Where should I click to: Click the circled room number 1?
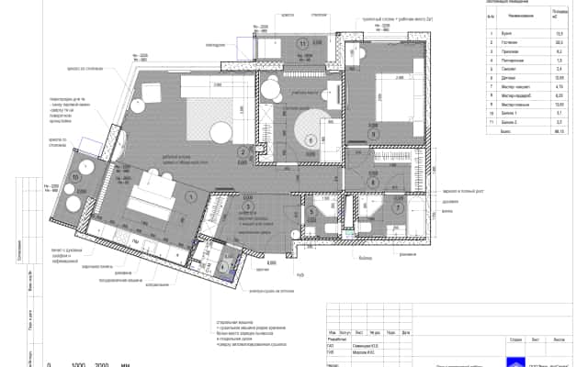click(x=191, y=196)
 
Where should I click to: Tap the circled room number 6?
click(x=311, y=140)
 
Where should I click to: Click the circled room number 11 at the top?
click(x=301, y=44)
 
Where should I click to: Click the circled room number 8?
click(x=373, y=182)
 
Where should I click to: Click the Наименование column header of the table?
click(x=521, y=17)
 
